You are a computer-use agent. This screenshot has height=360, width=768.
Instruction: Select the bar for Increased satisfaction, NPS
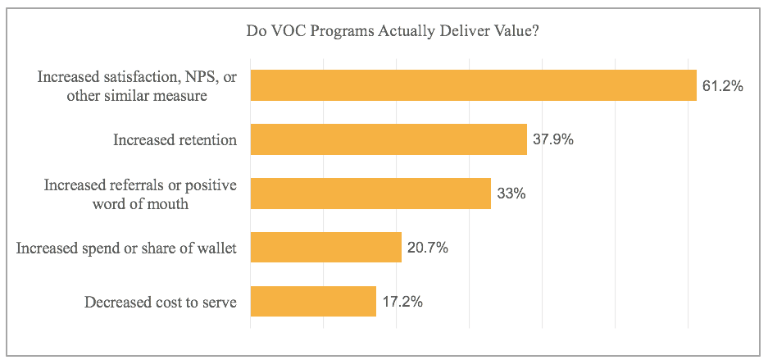tap(473, 85)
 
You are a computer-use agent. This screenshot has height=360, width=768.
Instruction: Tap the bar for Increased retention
tap(388, 139)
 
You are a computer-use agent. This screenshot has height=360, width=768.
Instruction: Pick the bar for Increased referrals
tap(370, 194)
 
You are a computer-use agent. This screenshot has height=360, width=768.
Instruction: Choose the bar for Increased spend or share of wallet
tap(325, 248)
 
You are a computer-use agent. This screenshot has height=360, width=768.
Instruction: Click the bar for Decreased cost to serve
tap(312, 302)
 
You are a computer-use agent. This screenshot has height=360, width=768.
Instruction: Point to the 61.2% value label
tap(722, 85)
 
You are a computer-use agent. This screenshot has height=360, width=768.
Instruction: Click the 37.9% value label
tap(552, 139)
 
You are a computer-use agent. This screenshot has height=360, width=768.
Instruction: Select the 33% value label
tap(511, 194)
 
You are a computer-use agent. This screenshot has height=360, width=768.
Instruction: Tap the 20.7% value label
tap(427, 248)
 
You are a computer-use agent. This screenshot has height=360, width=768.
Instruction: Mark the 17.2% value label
tap(402, 302)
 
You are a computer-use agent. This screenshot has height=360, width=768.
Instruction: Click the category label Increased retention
tap(175, 140)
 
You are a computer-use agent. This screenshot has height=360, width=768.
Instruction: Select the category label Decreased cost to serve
tap(161, 303)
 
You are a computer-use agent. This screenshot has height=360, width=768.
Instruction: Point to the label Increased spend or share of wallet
tap(126, 248)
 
